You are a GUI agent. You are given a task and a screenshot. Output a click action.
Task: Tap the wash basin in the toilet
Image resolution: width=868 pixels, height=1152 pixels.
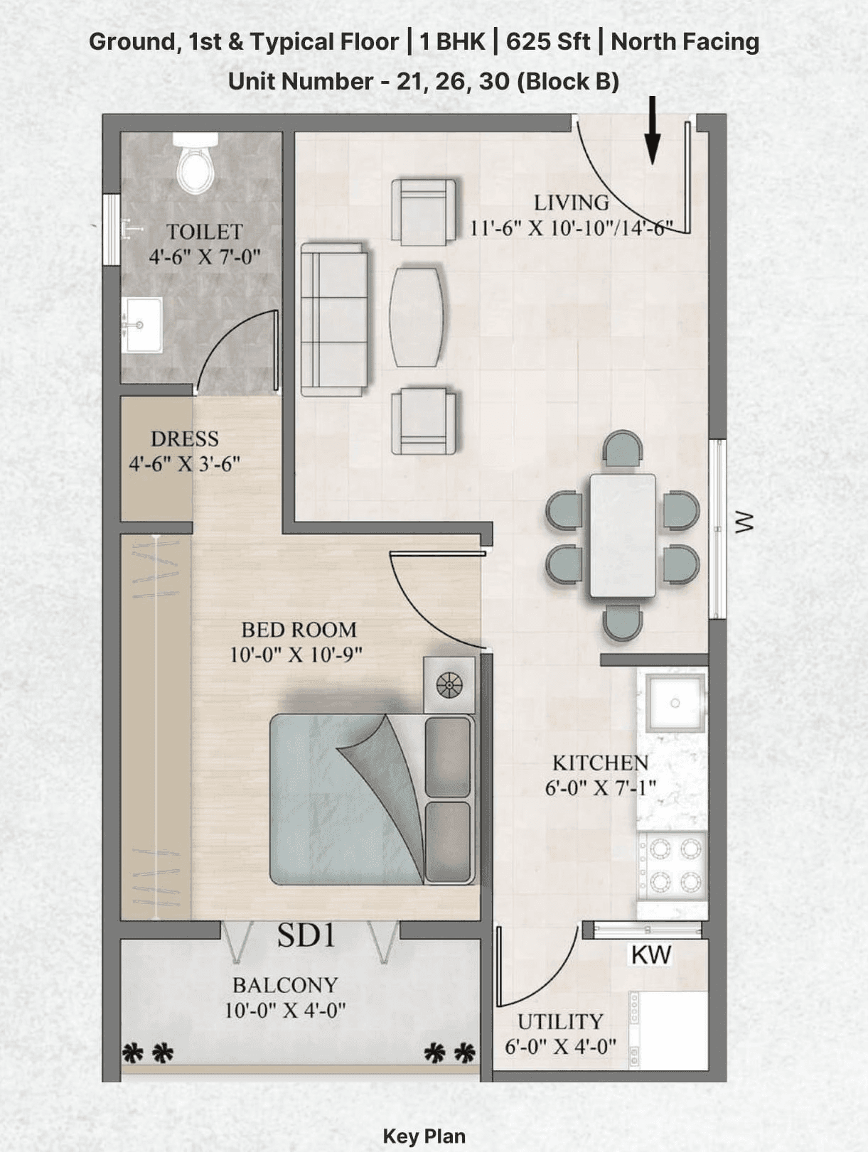(141, 325)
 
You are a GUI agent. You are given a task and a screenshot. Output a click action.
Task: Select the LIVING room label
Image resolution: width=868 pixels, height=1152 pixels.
(571, 203)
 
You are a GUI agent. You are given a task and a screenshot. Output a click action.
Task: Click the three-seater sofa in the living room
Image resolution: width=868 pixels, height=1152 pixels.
(333, 319)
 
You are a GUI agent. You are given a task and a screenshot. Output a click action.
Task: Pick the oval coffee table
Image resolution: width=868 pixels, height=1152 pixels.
(419, 316)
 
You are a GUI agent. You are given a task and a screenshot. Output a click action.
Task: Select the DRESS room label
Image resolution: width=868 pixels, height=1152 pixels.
(184, 438)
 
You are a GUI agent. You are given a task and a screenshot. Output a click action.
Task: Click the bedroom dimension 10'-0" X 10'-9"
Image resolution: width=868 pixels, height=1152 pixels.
(296, 655)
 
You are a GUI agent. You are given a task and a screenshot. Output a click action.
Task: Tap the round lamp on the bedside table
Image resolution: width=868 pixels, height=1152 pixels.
(449, 685)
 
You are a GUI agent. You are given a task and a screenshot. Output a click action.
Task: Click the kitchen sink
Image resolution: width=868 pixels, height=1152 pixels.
(675, 703)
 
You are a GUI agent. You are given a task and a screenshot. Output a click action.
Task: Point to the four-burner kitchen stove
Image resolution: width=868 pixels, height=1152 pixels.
(672, 865)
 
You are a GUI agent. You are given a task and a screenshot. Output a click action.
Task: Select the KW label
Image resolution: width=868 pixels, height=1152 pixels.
(650, 955)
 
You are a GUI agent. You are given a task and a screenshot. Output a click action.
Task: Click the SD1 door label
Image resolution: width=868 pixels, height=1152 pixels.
(306, 935)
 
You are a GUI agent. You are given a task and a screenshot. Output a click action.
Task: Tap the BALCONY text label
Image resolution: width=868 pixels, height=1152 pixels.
(285, 985)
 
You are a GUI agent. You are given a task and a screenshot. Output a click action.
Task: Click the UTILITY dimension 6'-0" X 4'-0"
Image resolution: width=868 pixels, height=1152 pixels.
(560, 1047)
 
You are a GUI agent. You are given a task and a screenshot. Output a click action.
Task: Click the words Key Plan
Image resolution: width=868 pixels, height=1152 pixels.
(424, 1136)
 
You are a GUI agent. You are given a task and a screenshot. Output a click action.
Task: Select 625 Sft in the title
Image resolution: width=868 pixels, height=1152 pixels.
(547, 42)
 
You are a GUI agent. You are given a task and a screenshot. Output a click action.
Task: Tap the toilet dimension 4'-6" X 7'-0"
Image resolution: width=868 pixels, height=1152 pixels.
(205, 257)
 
